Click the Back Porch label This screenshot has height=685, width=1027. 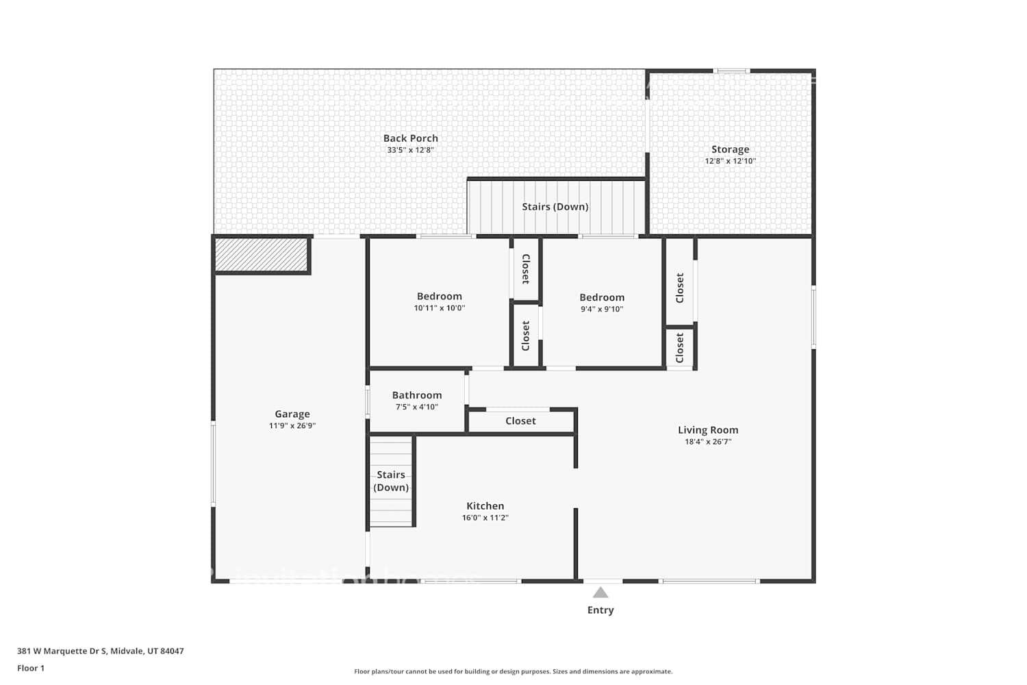410,138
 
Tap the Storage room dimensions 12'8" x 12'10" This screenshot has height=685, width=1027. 730,161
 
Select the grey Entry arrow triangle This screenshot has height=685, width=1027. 600,593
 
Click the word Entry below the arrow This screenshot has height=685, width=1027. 600,610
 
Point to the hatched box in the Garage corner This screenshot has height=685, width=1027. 261,254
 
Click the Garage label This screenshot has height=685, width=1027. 292,414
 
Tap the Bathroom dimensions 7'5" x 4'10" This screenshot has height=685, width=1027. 416,407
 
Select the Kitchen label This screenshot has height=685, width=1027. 485,506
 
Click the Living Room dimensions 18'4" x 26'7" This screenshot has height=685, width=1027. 708,442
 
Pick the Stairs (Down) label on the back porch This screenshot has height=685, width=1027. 555,207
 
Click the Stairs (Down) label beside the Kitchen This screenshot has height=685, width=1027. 391,481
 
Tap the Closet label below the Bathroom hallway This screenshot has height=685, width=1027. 520,421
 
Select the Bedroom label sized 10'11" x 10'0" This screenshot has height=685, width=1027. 439,297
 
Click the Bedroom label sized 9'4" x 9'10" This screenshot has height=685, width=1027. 602,297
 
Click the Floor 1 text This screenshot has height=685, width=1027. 31,669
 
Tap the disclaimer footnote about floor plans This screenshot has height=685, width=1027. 513,672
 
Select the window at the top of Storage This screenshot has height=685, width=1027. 731,71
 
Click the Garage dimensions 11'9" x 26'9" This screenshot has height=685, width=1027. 292,426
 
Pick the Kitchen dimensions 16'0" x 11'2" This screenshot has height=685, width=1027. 485,518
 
